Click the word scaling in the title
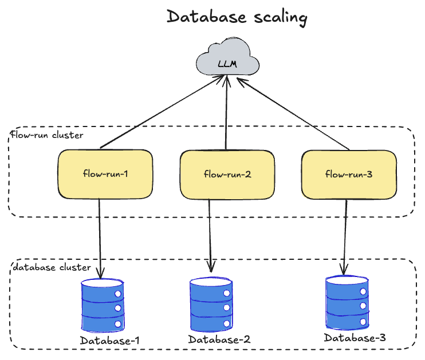click(x=280, y=18)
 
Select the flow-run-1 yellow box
click(x=105, y=174)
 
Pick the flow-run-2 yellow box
click(x=227, y=174)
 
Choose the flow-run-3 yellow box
click(x=349, y=174)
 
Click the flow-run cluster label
click(x=48, y=136)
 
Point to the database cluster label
click(x=52, y=267)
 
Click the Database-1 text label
click(x=110, y=341)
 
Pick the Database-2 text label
click(x=219, y=339)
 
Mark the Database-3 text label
click(x=355, y=338)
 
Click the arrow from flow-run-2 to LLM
click(x=227, y=114)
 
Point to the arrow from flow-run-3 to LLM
click(x=293, y=114)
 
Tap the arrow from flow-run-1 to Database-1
click(x=101, y=235)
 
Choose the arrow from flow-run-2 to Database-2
click(x=210, y=235)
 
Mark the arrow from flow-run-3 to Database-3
click(x=345, y=235)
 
